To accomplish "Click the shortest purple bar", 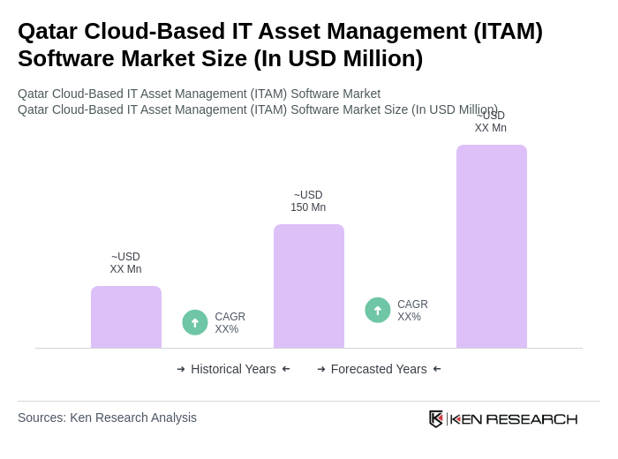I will click(126, 317).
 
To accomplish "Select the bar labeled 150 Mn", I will click(308, 286).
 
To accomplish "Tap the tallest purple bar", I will click(491, 246).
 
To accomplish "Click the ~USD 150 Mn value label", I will click(308, 201).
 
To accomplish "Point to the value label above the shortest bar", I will click(125, 263).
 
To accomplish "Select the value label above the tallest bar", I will click(490, 122).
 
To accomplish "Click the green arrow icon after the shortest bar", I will click(195, 322).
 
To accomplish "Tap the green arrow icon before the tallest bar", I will click(378, 310).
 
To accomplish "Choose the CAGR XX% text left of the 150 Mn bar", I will click(230, 323).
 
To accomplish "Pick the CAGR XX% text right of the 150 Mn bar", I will click(412, 311).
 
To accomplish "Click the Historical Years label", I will click(233, 369).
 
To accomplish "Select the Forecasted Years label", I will click(379, 369).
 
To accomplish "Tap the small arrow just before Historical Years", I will click(181, 369).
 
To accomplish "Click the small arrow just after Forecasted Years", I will click(437, 369).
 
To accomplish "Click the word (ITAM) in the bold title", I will click(508, 31).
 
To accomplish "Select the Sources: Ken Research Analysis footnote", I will click(107, 418).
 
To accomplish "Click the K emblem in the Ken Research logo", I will click(436, 418).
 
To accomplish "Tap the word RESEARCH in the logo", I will click(531, 418).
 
